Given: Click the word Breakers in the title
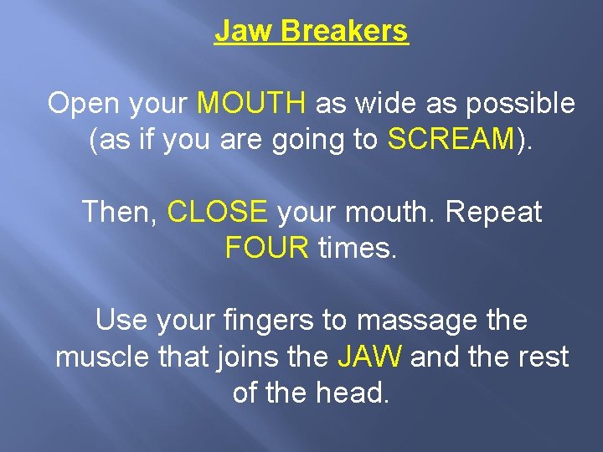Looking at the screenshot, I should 344,31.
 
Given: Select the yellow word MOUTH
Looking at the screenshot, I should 251,104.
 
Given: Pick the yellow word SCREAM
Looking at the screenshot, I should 450,140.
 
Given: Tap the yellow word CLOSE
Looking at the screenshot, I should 218,212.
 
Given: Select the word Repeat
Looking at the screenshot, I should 494,212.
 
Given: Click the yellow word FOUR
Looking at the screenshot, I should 267,248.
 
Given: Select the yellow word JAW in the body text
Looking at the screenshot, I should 369,357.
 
